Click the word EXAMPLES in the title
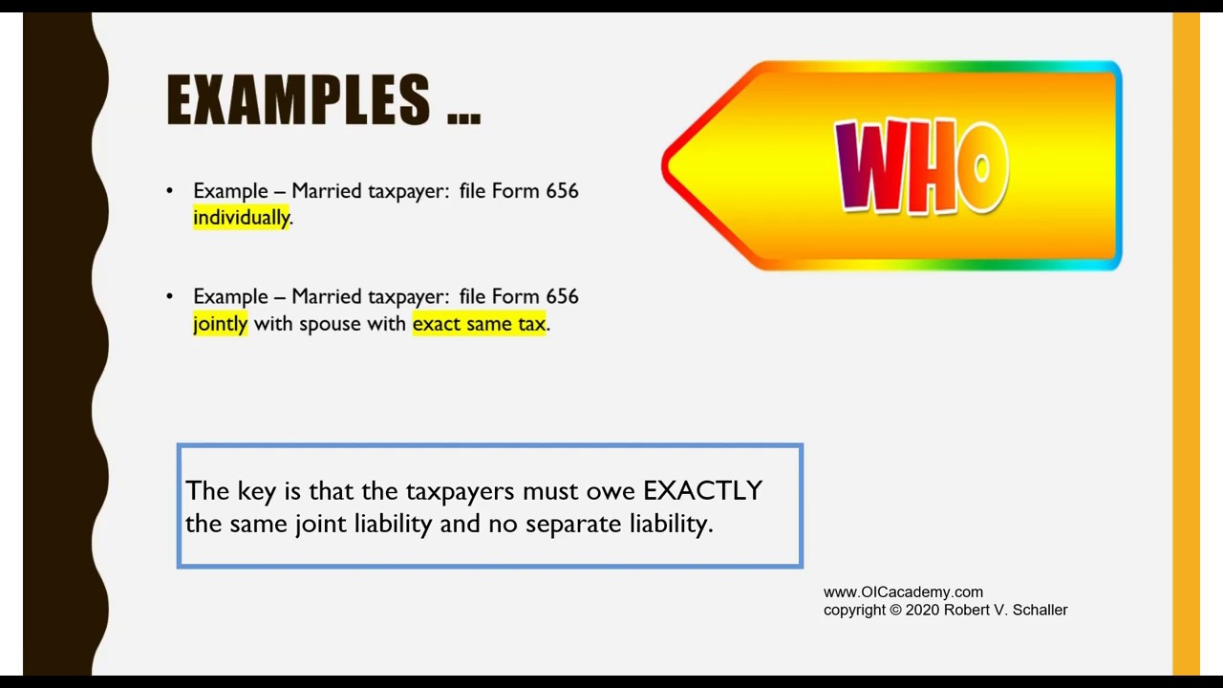tap(298, 100)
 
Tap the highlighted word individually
tap(241, 218)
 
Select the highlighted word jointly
tap(220, 324)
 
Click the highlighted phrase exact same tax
tap(479, 324)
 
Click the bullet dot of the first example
tap(170, 191)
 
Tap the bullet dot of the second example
tap(170, 297)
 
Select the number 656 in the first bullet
tap(562, 191)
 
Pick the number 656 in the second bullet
tap(562, 297)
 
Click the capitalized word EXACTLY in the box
tap(702, 491)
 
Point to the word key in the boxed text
tap(256, 491)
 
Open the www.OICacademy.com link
tap(903, 592)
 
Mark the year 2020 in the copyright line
tap(922, 610)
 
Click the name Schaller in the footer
tap(1036, 610)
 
